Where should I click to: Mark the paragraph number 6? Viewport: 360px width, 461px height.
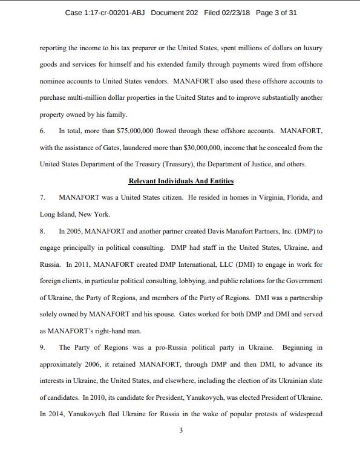click(x=42, y=131)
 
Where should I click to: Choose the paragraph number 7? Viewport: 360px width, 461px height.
click(x=42, y=198)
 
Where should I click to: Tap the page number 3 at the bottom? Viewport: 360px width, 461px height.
click(x=180, y=431)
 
